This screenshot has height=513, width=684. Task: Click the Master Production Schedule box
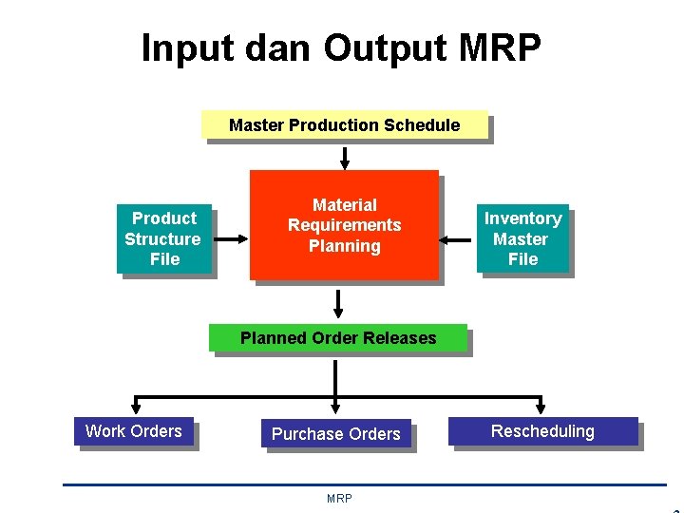(x=344, y=125)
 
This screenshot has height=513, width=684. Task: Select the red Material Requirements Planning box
(x=344, y=225)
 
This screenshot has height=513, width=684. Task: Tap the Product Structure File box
(x=163, y=239)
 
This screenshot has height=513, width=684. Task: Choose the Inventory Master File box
(x=522, y=239)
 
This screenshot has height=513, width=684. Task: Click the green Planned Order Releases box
(x=338, y=338)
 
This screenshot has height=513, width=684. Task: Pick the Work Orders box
(x=134, y=431)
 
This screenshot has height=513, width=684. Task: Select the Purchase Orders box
(x=336, y=434)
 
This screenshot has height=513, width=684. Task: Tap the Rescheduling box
(x=542, y=431)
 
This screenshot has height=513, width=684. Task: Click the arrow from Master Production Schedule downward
(x=344, y=158)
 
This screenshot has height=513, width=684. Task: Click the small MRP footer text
(x=339, y=499)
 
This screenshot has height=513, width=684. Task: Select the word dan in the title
(x=272, y=47)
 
